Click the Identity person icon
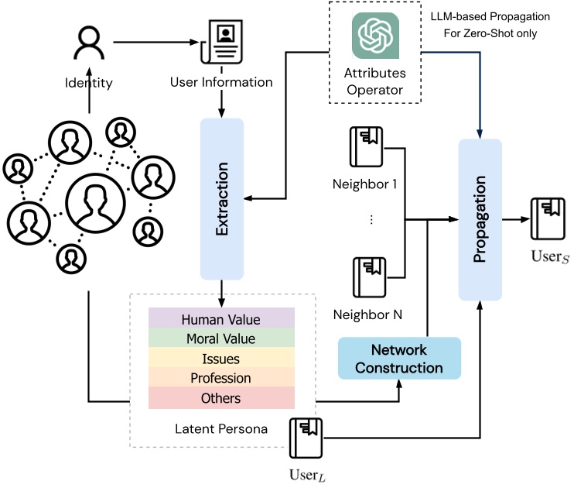[x=89, y=44]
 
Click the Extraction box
[x=222, y=198]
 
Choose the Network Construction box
[x=399, y=358]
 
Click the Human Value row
[x=221, y=319]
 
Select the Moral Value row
[x=221, y=339]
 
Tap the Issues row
[x=221, y=359]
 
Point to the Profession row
[x=221, y=379]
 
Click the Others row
[x=221, y=398]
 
